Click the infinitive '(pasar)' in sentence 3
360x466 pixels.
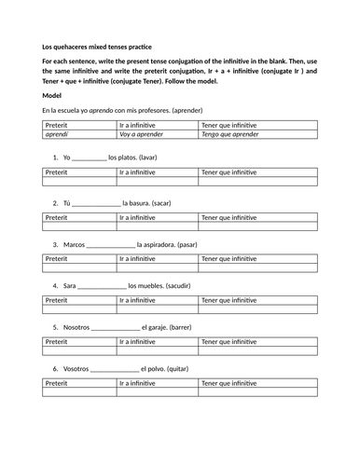(184, 244)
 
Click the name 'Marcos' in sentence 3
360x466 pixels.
(75, 244)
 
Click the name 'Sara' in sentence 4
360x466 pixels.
(70, 286)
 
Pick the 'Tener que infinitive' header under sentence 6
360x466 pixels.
(229, 383)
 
